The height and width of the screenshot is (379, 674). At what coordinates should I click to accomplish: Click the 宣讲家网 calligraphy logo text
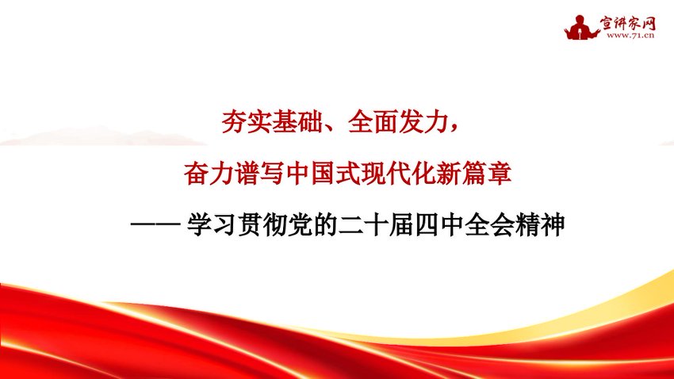point(630,21)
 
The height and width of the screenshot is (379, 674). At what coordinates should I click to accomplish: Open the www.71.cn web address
point(630,36)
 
